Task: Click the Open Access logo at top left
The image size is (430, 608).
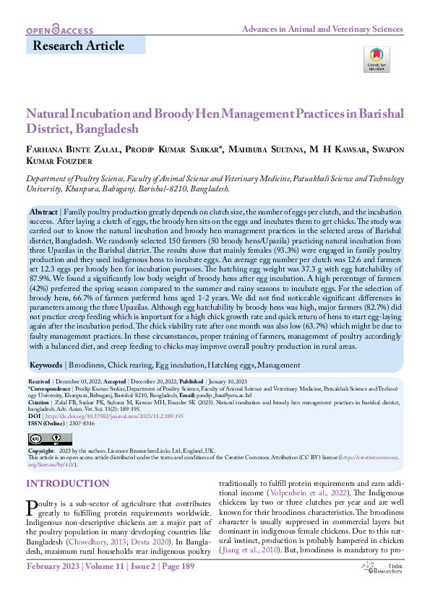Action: click(59, 30)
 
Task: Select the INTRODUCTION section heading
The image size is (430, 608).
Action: click(68, 483)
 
